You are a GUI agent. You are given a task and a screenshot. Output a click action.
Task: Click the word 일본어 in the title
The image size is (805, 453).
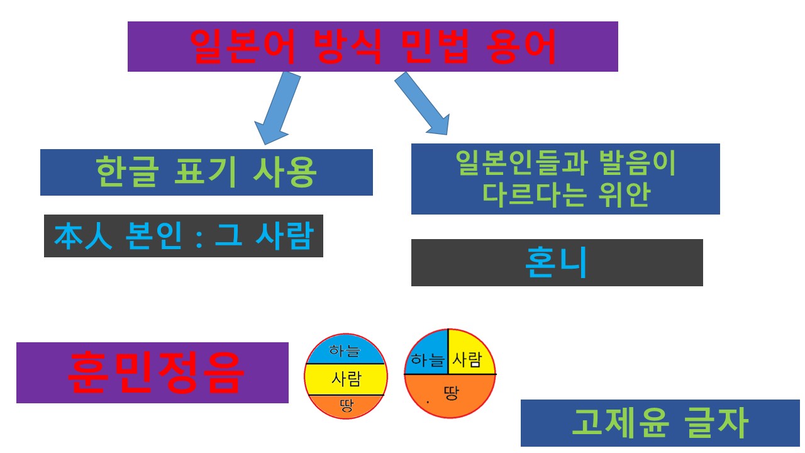pyautogui.click(x=242, y=46)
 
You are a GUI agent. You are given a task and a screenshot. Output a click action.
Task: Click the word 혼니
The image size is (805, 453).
pyautogui.click(x=556, y=263)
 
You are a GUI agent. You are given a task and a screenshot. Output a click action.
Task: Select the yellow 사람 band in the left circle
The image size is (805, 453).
pyautogui.click(x=345, y=379)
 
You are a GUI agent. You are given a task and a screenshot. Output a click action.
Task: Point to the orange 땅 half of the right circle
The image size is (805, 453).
pyautogui.click(x=450, y=395)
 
